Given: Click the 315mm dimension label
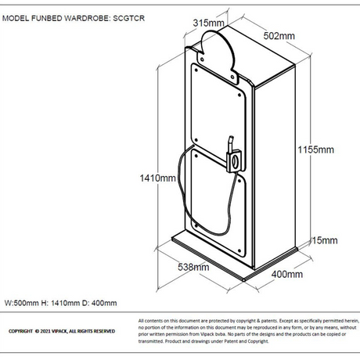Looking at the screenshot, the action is tap(208, 23).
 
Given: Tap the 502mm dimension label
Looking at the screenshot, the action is tap(279, 36).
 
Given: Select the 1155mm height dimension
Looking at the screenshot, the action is tap(315, 149).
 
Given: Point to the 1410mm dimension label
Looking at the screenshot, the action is tap(157, 178).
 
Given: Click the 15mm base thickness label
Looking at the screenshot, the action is tap(325, 240).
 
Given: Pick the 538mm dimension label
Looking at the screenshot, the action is tap(193, 267).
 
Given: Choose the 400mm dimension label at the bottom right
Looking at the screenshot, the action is tap(287, 274).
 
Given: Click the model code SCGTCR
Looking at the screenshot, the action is tap(128, 18).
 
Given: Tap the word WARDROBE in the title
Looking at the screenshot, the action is tap(87, 18).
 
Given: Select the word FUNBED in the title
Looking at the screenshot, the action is tap(47, 18).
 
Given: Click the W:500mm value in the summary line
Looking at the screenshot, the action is tap(21, 303).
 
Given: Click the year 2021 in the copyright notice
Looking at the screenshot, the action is tap(45, 331).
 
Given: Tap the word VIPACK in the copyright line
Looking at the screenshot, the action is tap(59, 331).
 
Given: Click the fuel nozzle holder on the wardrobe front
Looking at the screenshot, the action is tap(235, 157).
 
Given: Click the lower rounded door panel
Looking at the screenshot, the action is tap(218, 203).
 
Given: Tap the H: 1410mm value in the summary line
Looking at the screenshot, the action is tap(60, 303).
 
